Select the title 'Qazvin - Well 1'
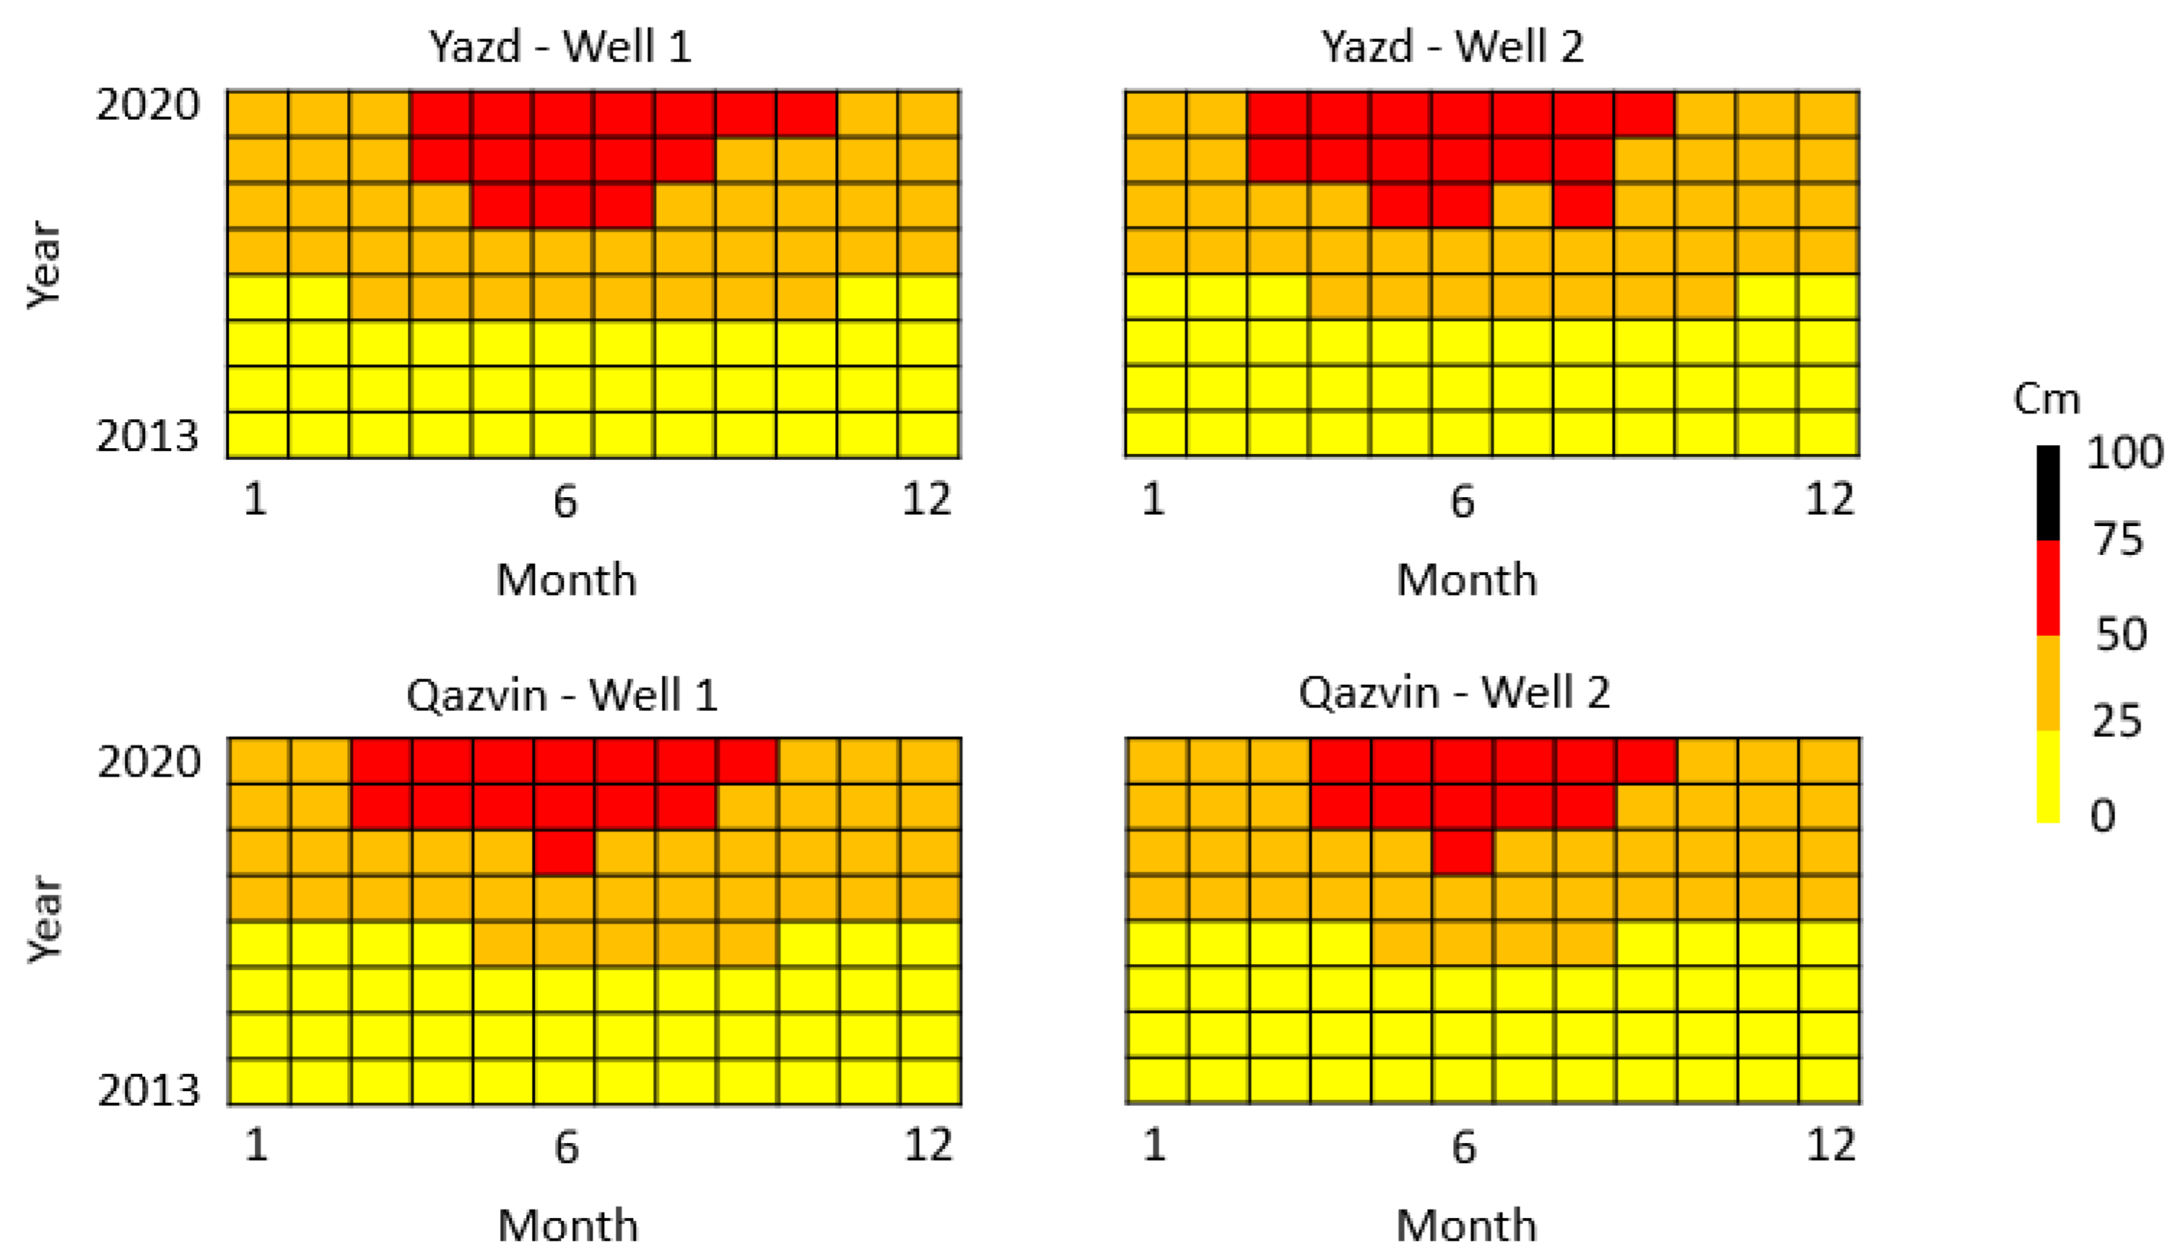click(x=562, y=695)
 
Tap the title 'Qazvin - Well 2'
click(x=1453, y=692)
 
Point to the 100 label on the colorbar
click(x=2124, y=452)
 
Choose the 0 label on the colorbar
click(x=2102, y=815)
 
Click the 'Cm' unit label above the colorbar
click(x=2047, y=399)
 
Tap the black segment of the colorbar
click(x=2047, y=494)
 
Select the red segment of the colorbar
click(x=2047, y=588)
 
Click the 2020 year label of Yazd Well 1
click(x=148, y=105)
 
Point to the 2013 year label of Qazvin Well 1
click(x=148, y=1090)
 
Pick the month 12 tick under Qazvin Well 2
click(x=1831, y=1146)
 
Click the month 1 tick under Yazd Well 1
click(x=256, y=500)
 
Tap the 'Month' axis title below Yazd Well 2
click(x=1466, y=579)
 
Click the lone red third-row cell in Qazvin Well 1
click(x=565, y=853)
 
